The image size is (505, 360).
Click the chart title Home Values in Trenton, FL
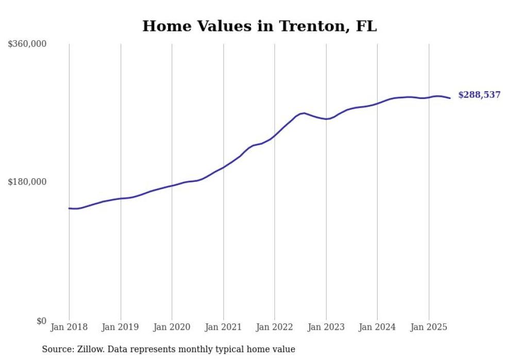259,26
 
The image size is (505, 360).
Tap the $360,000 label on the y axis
27,44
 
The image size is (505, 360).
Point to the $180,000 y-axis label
27,182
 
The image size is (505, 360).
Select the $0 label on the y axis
41,321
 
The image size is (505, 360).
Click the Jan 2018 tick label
69,327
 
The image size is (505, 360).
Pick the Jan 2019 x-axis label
121,327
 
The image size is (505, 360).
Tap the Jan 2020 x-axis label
172,327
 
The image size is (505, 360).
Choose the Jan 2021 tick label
223,327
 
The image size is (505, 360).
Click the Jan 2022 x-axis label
275,327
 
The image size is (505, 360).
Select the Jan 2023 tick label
326,327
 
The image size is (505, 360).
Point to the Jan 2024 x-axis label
377,327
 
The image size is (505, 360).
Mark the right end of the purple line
450,98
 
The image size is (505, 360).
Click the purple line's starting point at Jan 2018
69,208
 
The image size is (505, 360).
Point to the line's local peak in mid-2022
304,113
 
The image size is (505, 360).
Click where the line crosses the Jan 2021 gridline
223,167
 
